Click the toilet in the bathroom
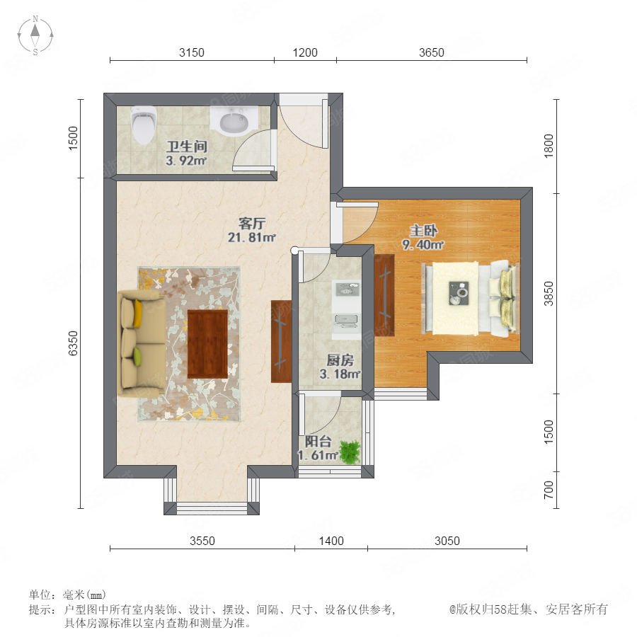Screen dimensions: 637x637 coord(144,125)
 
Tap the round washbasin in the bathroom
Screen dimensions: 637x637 coord(234,122)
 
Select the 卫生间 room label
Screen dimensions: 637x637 coord(187,147)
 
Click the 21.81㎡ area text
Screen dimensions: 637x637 coord(251,237)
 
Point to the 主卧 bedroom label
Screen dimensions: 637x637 coord(423,231)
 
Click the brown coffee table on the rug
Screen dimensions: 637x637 coord(207,344)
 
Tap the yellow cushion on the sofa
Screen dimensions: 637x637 coord(138,314)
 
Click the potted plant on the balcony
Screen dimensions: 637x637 coord(350,452)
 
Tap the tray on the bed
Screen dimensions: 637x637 coord(459,293)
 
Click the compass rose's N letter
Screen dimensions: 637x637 coord(35,18)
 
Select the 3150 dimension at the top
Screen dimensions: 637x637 coord(192,52)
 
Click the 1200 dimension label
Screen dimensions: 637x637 coord(305,52)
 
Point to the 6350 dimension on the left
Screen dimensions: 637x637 coord(73,343)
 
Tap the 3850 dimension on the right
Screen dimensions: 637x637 coord(549,293)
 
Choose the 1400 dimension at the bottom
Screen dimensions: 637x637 coord(331,541)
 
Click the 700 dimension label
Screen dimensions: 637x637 coord(549,490)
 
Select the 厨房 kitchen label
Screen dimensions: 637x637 coord(340,360)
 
